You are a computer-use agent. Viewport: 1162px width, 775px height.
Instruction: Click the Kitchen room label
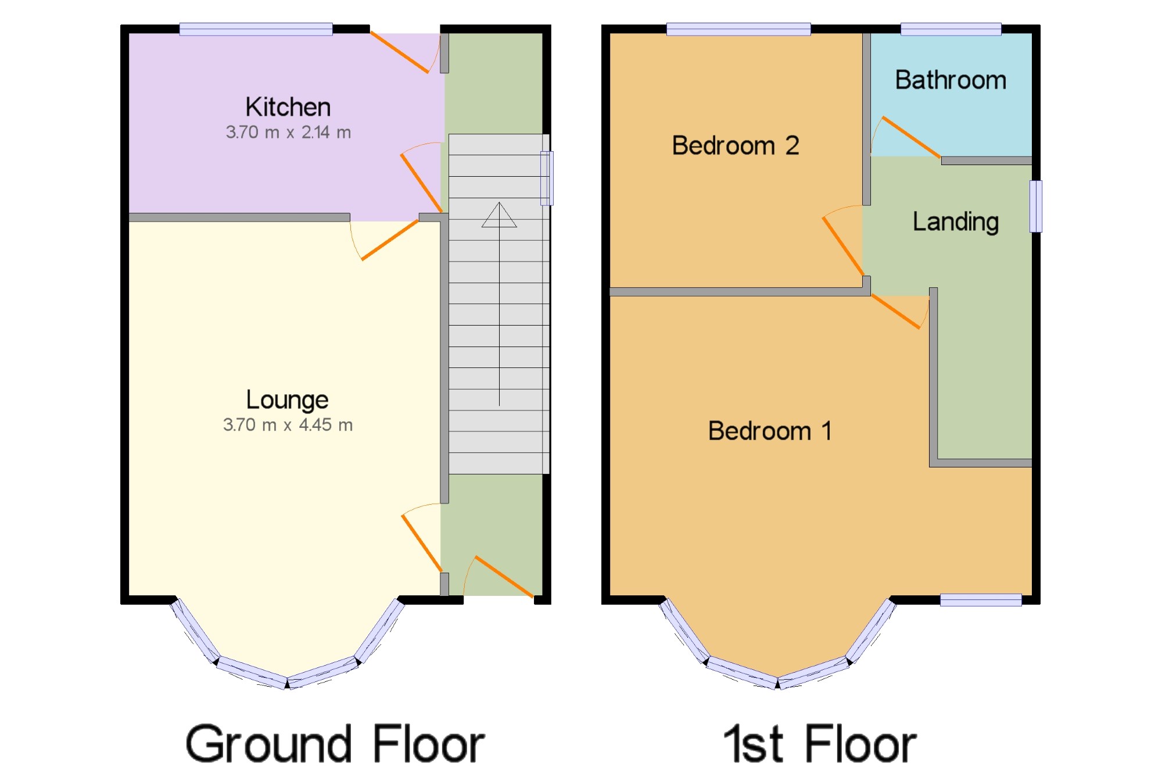click(288, 107)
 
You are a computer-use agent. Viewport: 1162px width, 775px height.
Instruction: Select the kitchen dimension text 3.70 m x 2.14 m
click(288, 133)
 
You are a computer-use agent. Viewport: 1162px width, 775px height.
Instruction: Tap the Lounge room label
click(287, 401)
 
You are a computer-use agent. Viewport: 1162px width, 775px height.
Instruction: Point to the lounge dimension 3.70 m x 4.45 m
click(288, 425)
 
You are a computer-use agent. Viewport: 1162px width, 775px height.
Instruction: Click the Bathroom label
click(951, 80)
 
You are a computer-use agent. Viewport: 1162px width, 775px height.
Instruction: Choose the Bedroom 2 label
click(736, 145)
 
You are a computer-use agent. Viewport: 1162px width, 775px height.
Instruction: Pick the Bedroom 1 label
click(770, 431)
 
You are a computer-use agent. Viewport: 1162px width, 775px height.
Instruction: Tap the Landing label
click(956, 222)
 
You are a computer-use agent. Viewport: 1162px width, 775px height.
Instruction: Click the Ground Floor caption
click(335, 744)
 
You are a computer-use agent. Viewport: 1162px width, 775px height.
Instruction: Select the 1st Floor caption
click(820, 744)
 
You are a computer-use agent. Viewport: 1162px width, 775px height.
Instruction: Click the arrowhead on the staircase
click(499, 215)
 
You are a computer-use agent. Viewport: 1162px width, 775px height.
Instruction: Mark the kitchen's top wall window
click(256, 29)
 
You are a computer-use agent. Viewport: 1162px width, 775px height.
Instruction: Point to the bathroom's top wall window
click(951, 29)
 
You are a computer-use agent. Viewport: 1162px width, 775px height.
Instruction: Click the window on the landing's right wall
click(1036, 206)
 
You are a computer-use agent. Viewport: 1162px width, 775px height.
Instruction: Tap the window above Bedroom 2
click(738, 29)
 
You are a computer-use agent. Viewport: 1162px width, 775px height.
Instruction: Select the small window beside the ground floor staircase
click(547, 178)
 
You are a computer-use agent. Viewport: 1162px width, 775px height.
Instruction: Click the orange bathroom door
click(911, 137)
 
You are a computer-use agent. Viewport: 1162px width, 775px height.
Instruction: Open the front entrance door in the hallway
click(504, 577)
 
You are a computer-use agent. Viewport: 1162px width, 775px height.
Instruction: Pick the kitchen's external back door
click(400, 52)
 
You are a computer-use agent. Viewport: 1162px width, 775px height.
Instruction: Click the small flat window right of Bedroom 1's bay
click(981, 600)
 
